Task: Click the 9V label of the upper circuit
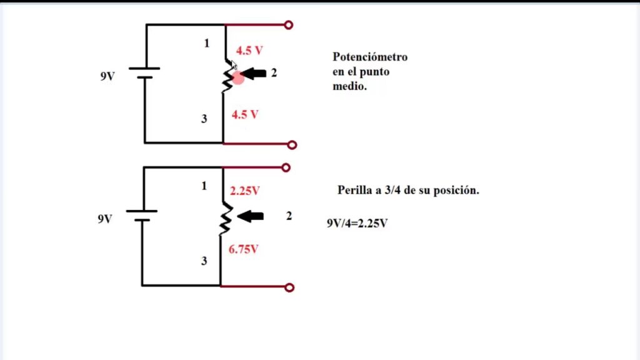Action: point(107,77)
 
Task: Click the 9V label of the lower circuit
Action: point(105,219)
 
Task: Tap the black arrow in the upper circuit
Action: point(253,74)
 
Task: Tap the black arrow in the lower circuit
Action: point(251,216)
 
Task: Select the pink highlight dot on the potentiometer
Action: point(237,77)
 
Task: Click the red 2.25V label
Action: point(245,190)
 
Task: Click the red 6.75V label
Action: point(244,249)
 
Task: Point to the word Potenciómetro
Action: point(370,57)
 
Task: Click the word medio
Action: point(349,87)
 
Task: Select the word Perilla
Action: point(354,190)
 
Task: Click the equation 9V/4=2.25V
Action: point(357,222)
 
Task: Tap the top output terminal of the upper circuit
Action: point(289,25)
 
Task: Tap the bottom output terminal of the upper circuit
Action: point(292,145)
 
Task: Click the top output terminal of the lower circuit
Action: point(286,167)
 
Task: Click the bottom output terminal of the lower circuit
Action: point(289,287)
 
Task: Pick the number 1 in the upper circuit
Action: point(207,43)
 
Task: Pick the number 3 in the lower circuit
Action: point(204,261)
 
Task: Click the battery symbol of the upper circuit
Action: point(145,73)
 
